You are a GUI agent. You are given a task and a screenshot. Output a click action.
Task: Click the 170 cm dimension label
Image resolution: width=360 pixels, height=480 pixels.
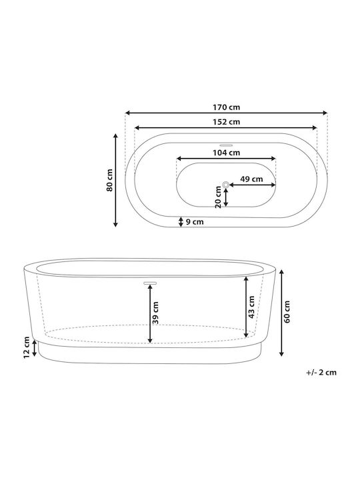226,107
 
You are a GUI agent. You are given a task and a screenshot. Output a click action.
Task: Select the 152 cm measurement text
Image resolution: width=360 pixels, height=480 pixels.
226,122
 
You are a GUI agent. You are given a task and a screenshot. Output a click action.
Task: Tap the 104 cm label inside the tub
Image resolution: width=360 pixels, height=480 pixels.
226,153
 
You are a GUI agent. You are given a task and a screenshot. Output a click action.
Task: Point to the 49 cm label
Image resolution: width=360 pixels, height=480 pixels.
251,179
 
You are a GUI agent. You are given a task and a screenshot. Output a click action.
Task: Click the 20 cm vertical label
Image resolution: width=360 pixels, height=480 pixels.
218,197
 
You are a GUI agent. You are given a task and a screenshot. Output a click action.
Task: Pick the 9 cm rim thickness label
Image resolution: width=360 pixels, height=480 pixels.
195,221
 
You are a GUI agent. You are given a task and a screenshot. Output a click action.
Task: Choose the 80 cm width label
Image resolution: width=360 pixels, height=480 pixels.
109,180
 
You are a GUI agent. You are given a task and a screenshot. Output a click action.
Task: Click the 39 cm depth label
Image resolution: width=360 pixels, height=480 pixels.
155,313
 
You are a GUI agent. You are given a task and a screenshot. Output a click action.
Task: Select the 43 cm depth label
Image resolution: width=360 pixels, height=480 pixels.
251,307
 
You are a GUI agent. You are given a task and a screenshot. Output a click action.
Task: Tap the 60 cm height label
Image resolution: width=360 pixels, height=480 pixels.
287,311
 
